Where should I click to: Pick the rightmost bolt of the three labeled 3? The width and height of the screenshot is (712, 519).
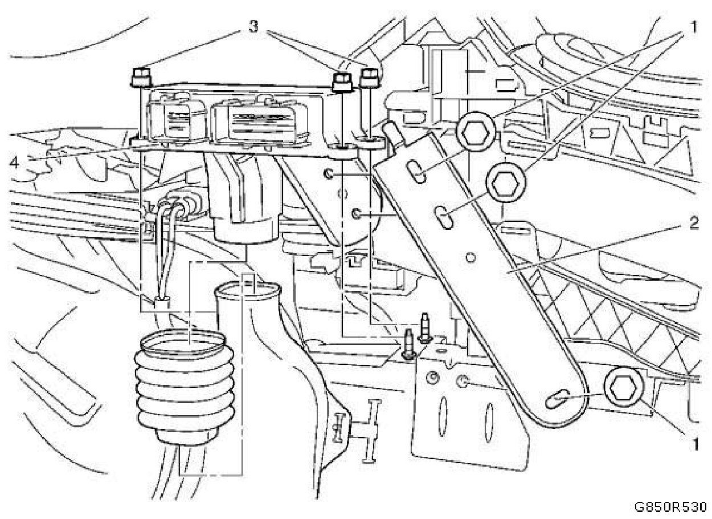coord(370,78)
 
